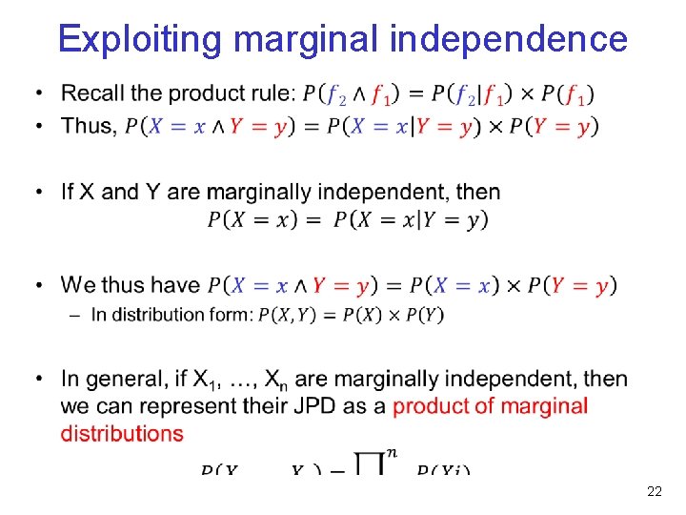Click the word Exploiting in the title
[x=141, y=39]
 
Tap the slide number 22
[x=654, y=492]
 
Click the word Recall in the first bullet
[x=92, y=93]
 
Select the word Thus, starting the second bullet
[x=89, y=126]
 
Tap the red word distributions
[x=122, y=433]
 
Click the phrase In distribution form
[x=172, y=315]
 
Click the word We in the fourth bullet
[x=78, y=285]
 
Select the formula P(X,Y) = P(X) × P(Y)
[x=351, y=315]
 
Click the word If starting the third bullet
[x=69, y=192]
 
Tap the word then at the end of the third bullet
[x=477, y=192]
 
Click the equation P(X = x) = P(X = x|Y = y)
[x=348, y=219]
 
